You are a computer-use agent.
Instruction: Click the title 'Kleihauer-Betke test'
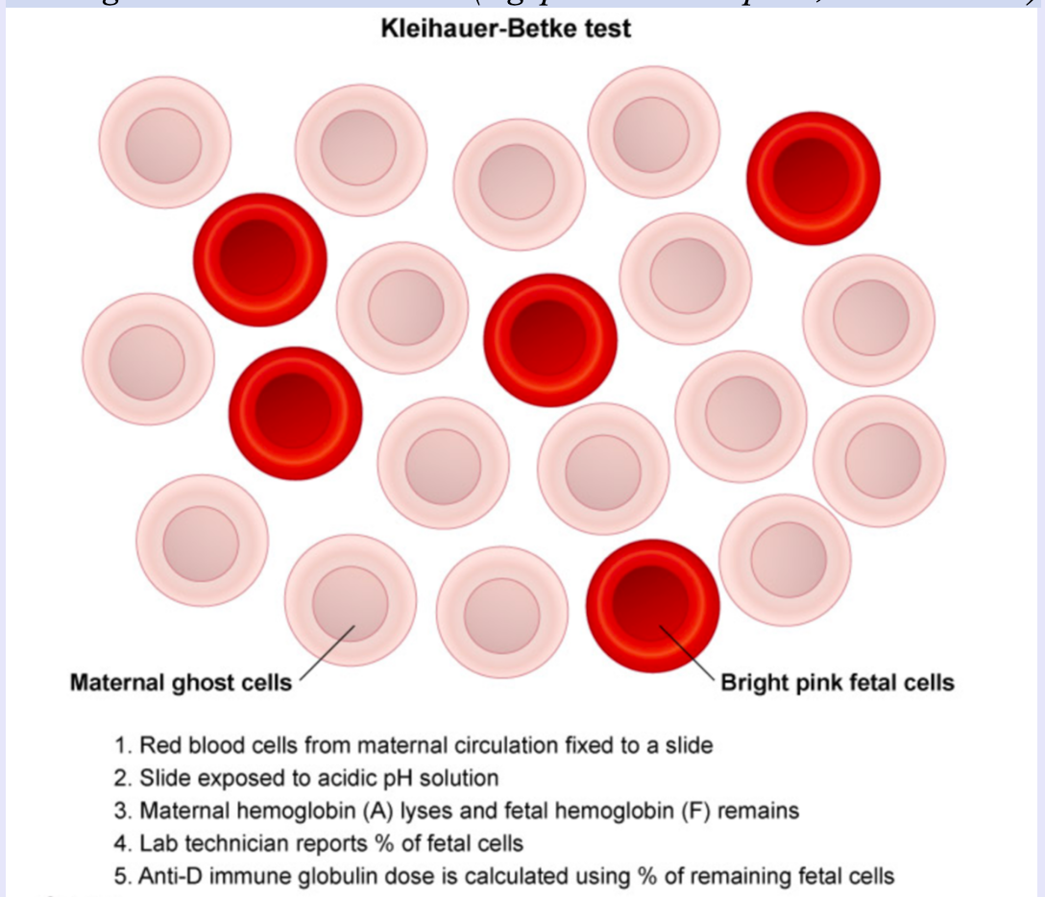click(x=506, y=29)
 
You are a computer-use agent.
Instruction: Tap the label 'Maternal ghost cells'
click(x=181, y=683)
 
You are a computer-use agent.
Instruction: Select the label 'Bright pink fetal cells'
click(x=838, y=683)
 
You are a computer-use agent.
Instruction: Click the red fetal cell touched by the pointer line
click(x=652, y=605)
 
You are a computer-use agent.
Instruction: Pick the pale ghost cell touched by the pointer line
click(x=351, y=600)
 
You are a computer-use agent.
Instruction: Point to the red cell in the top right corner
click(x=813, y=178)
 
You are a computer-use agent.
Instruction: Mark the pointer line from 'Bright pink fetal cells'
click(x=688, y=653)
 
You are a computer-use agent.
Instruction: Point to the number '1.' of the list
click(x=122, y=745)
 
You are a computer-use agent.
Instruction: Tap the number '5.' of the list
click(x=122, y=877)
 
